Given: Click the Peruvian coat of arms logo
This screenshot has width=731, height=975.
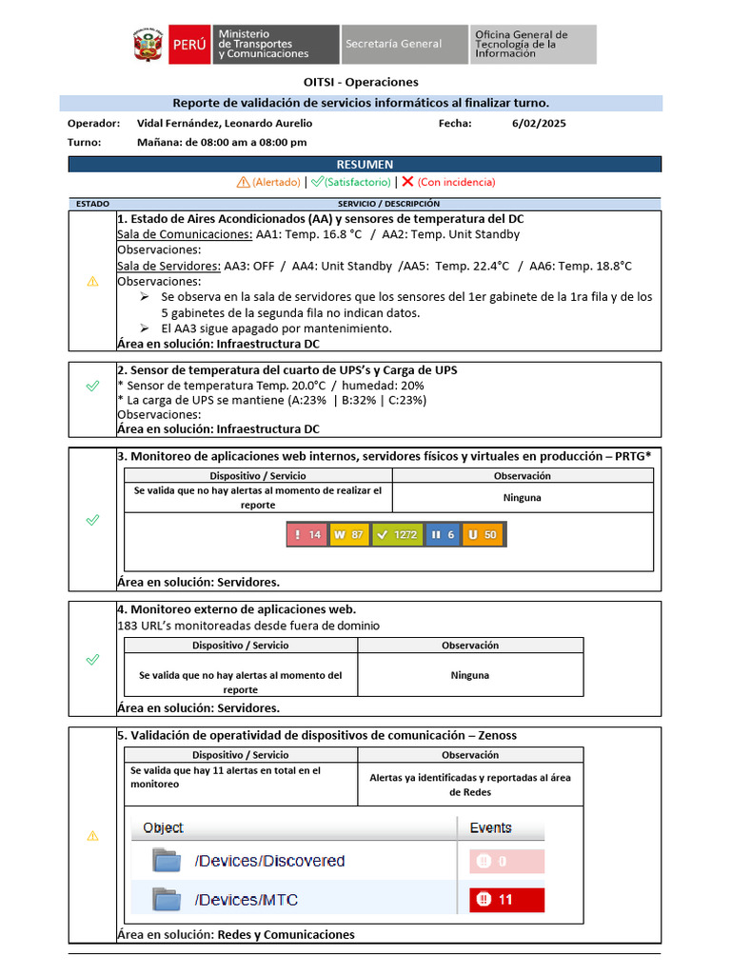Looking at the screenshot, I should point(149,45).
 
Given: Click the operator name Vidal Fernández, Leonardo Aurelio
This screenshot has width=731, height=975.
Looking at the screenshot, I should point(225,124).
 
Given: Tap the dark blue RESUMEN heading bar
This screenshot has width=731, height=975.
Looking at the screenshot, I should point(365,165).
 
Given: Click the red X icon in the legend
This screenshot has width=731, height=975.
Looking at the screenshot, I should point(407,182).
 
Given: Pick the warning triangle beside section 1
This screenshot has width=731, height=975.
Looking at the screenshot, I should point(92,281).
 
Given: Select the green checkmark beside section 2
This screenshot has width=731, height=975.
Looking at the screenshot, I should point(92,386).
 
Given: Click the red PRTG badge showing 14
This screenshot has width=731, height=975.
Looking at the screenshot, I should point(306,535).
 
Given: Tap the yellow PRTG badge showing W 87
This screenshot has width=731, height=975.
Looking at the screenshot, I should point(348,535).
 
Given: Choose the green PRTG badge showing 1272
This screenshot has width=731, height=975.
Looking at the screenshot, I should point(396,535).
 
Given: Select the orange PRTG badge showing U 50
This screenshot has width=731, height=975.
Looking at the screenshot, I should point(484,535).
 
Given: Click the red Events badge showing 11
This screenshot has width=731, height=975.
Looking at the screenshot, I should point(506,900).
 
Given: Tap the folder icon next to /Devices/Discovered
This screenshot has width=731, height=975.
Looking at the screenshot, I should point(168,861).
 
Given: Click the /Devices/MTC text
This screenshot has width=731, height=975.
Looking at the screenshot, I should point(246,900).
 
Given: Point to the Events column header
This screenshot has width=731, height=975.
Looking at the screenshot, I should point(490,828).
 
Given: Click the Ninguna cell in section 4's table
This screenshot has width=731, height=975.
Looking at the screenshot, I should point(470,675).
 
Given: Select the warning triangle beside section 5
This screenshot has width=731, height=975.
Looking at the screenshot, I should point(92,835).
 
